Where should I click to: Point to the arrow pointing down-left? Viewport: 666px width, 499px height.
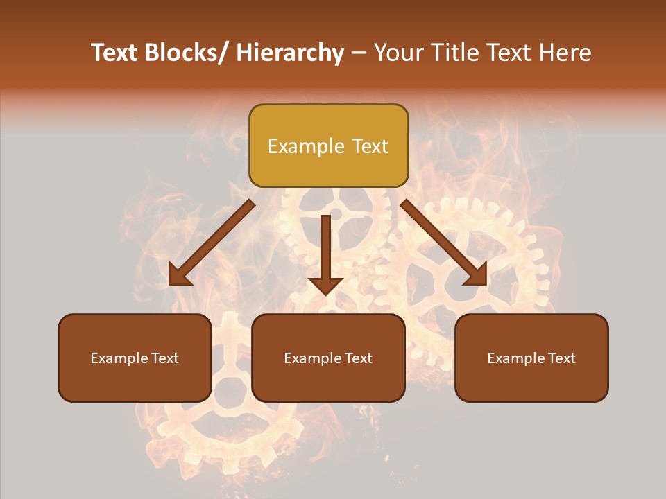(x=212, y=243)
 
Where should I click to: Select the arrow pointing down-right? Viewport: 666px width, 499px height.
(x=444, y=243)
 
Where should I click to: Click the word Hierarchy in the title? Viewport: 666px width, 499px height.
(x=290, y=53)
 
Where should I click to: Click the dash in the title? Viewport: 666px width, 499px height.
(x=359, y=53)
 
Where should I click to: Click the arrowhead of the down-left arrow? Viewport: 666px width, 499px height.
(x=179, y=275)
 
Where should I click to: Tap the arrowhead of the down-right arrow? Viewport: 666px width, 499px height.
(x=477, y=275)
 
